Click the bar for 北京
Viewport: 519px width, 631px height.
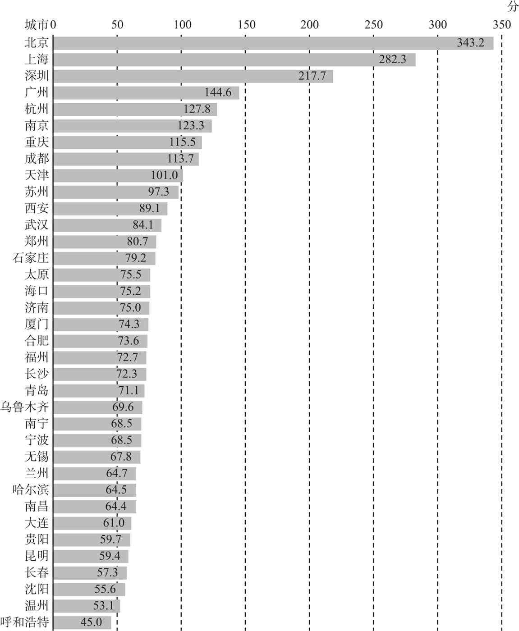pyautogui.click(x=273, y=43)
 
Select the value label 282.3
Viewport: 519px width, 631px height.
pyautogui.click(x=392, y=59)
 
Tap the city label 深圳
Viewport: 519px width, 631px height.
pyautogui.click(x=37, y=76)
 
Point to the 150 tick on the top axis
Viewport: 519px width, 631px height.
pyautogui.click(x=247, y=25)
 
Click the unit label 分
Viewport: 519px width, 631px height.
pyautogui.click(x=513, y=7)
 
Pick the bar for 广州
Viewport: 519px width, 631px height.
pyautogui.click(x=146, y=93)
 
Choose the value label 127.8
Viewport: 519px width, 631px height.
pyautogui.click(x=197, y=109)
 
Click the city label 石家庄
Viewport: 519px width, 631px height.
pyautogui.click(x=30, y=258)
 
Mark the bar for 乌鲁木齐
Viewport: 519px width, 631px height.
pyautogui.click(x=97, y=407)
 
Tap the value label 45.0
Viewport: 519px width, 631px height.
pyautogui.click(x=91, y=622)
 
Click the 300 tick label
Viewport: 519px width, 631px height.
pyautogui.click(x=437, y=25)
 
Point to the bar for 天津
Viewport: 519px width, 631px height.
pyautogui.click(x=118, y=176)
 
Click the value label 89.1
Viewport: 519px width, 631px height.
pyautogui.click(x=150, y=208)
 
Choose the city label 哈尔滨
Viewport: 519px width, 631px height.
pyautogui.click(x=30, y=490)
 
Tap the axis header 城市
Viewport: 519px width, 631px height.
pyautogui.click(x=37, y=25)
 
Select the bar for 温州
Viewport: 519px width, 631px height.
pyautogui.click(x=87, y=606)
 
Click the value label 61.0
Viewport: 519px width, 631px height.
pyautogui.click(x=114, y=523)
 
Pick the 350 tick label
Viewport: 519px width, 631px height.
pyautogui.click(x=502, y=25)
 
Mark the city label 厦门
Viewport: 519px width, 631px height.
pyautogui.click(x=37, y=325)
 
